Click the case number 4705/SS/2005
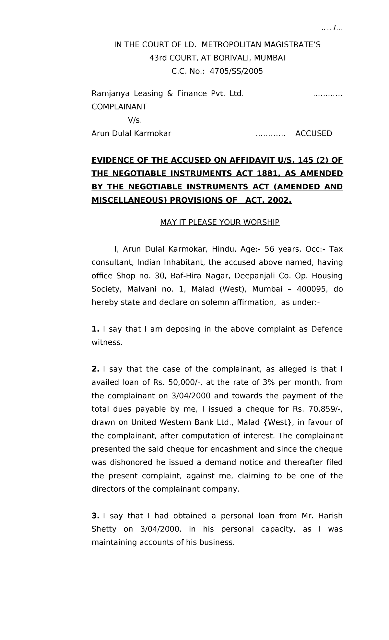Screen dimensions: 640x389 [x=236, y=71]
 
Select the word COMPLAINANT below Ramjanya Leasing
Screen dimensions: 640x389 [x=119, y=107]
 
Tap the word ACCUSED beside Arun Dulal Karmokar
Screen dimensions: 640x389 [x=313, y=133]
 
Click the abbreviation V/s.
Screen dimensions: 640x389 [x=135, y=120]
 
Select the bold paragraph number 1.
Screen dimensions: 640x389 [x=95, y=329]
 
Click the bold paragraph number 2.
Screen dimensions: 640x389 [x=95, y=369]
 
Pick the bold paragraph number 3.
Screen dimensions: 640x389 [x=95, y=516]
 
